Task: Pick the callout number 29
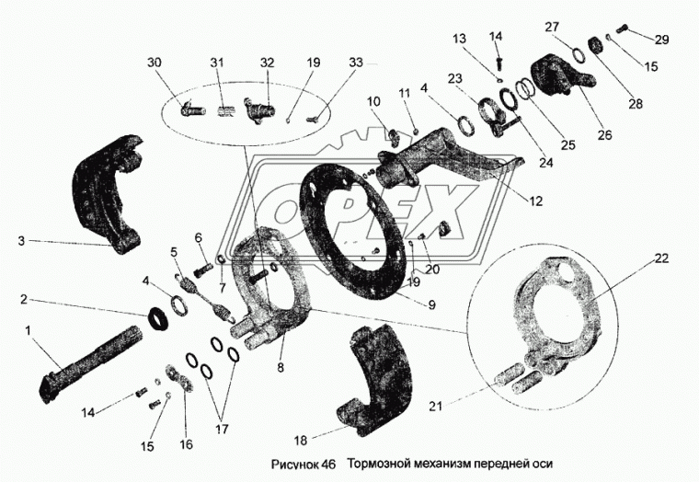pos(663,39)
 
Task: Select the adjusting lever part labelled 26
pos(558,77)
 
